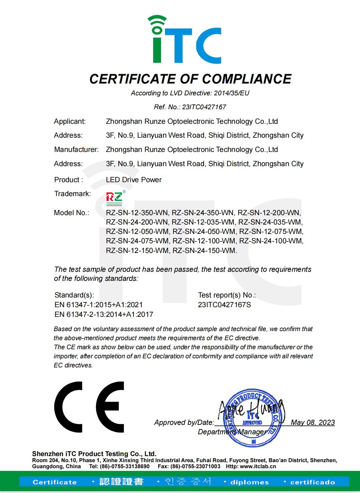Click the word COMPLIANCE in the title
coord(246,79)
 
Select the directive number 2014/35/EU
coord(231,93)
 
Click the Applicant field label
coord(70,122)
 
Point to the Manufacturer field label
coord(76,150)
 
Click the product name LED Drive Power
coord(134,180)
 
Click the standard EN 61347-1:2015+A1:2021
coord(99,305)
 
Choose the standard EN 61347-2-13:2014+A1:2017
coord(104,314)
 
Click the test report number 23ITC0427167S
coord(224,305)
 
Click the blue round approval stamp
coord(254,418)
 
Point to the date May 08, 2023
coord(312,422)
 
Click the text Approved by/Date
coord(184,422)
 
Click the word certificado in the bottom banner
coord(312,482)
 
